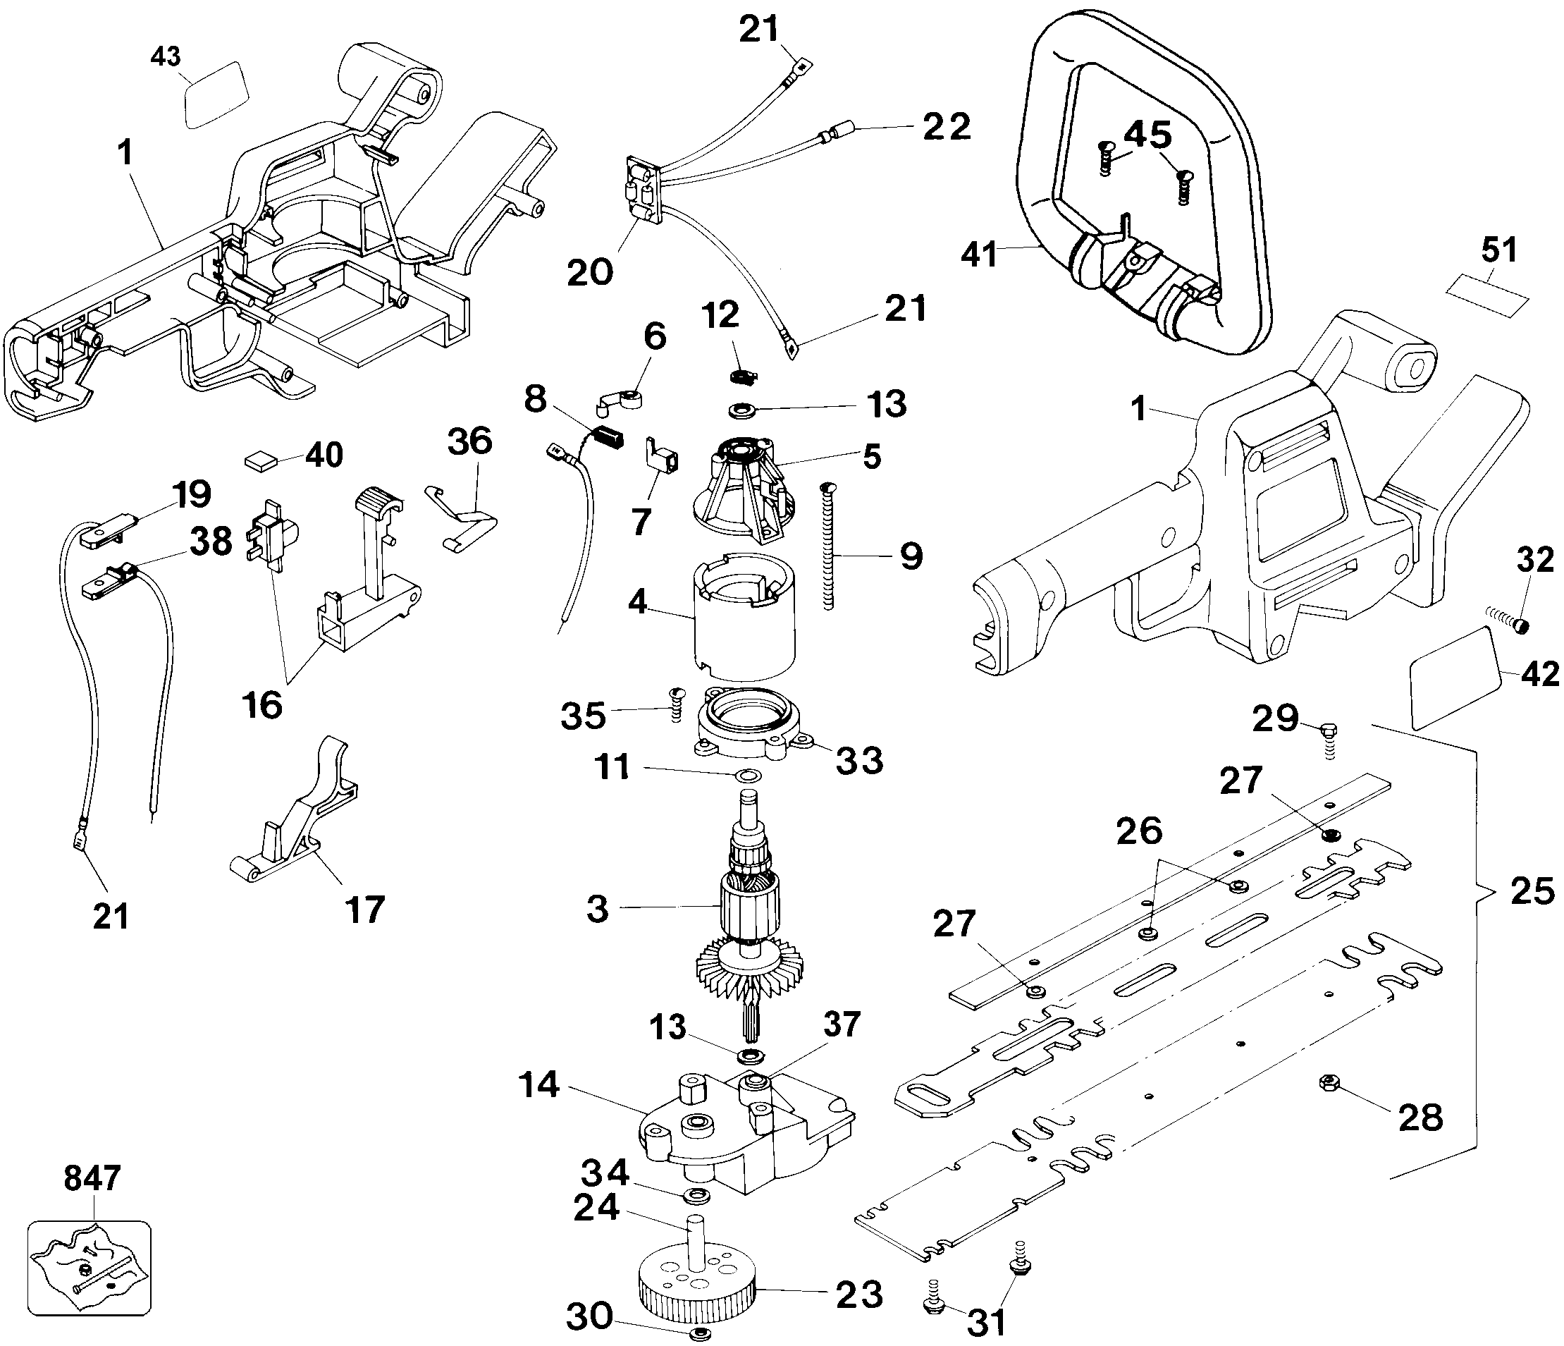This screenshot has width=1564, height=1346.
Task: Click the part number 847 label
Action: [x=92, y=1177]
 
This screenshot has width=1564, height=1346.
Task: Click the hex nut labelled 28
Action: [x=1330, y=1082]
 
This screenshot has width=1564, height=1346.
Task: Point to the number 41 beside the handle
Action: [x=980, y=255]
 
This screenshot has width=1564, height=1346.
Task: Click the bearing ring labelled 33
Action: [x=749, y=726]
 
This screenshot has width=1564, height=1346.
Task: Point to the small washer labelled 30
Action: [x=700, y=1331]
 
